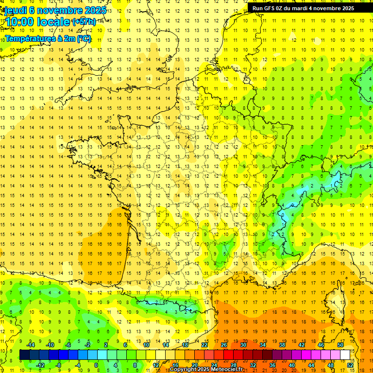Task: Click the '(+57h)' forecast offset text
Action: [x=84, y=22]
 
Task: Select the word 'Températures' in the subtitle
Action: [x=30, y=38]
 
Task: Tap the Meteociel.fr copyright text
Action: [x=206, y=370]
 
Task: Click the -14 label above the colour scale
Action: [x=31, y=344]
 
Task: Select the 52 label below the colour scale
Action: [x=350, y=365]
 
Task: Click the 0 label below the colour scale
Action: [x=96, y=365]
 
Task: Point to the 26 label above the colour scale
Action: [x=224, y=344]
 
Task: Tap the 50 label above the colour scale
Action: [x=340, y=344]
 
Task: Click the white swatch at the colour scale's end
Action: [x=345, y=355]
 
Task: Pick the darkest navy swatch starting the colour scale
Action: [x=24, y=355]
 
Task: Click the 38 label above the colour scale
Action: [x=282, y=344]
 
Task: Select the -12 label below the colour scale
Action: [x=40, y=365]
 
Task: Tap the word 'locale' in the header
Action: [x=54, y=22]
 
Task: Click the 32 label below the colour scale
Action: [x=253, y=365]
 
